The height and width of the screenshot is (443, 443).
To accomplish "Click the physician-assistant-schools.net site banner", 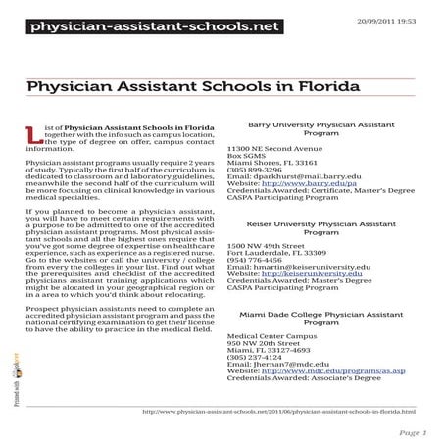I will click(x=140, y=25).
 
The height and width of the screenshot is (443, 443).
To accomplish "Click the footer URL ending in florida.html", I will click(x=278, y=412).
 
